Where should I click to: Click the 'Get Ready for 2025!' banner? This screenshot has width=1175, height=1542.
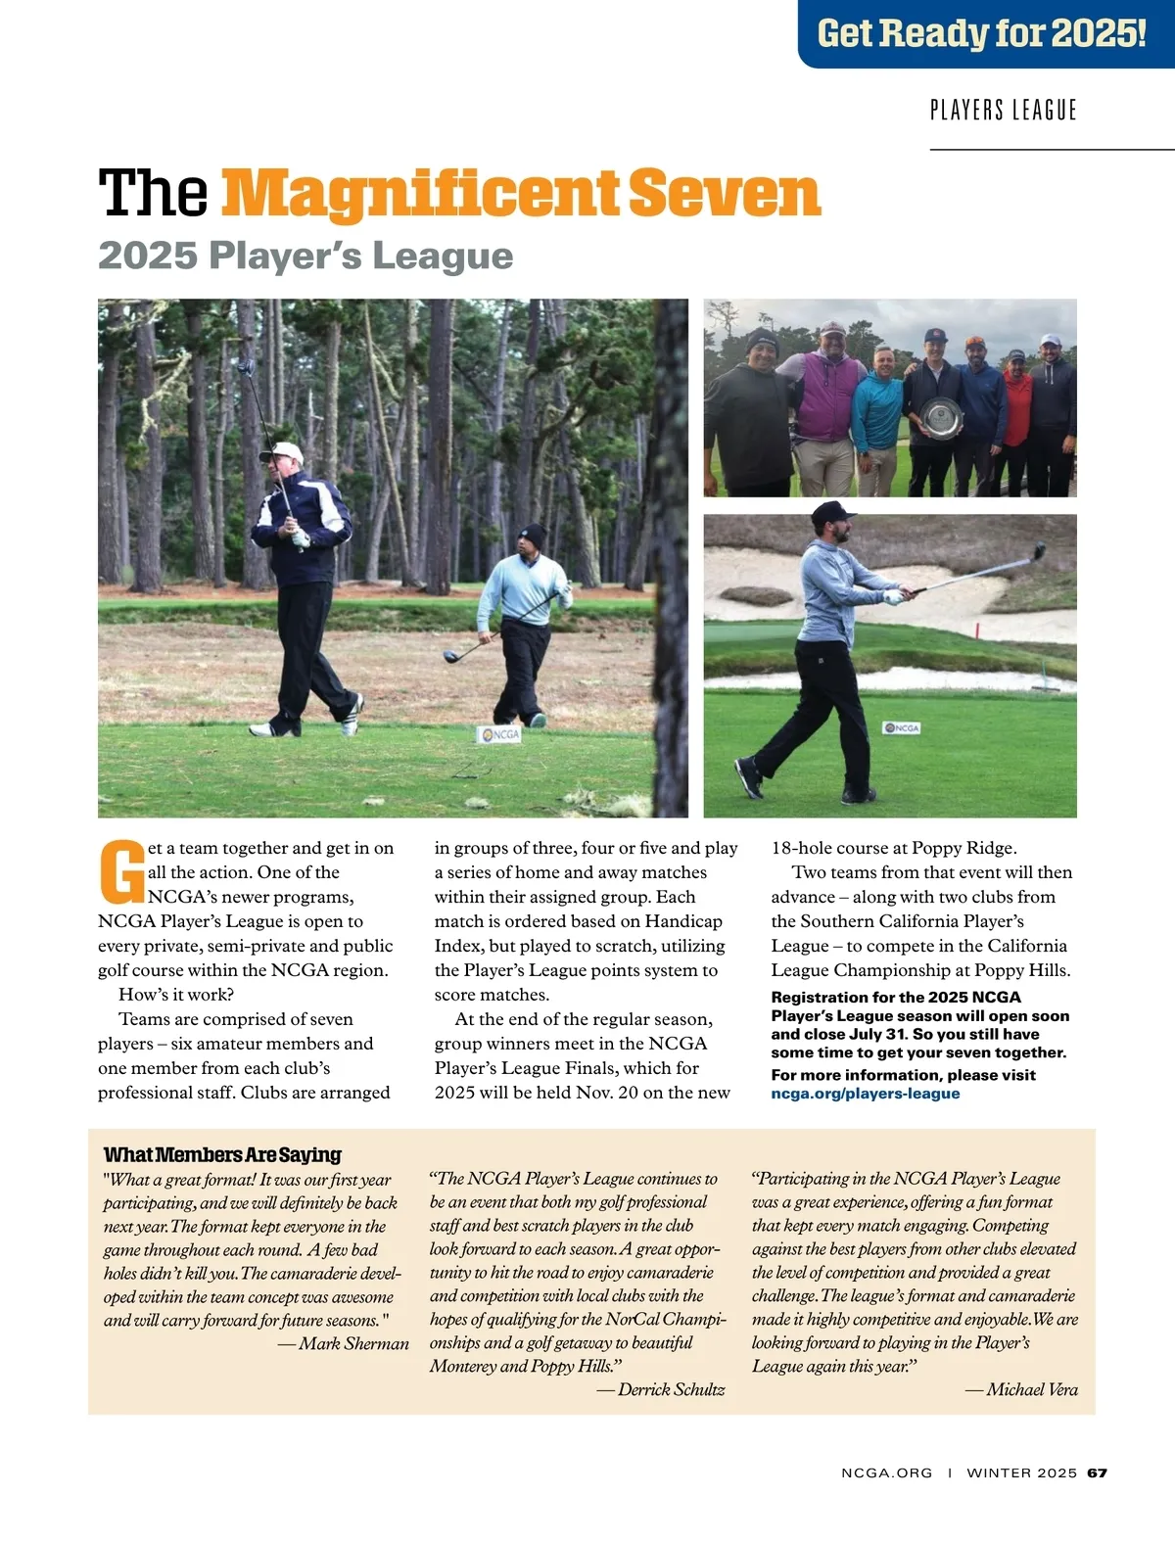point(982,33)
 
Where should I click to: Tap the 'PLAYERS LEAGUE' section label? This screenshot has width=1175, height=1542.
point(1003,110)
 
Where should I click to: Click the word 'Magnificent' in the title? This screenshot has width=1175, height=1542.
point(421,193)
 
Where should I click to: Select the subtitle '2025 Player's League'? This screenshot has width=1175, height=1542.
point(305,256)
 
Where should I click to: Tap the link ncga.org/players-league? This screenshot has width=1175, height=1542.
point(866,1094)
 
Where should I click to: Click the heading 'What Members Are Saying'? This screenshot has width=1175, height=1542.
point(222,1154)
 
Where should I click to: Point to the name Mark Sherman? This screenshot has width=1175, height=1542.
point(353,1343)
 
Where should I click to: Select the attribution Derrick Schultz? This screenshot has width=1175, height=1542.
point(671,1389)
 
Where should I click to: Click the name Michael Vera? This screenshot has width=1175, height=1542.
point(1031,1389)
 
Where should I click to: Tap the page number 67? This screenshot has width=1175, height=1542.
point(1097,1472)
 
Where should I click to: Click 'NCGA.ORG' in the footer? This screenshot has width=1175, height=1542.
point(886,1472)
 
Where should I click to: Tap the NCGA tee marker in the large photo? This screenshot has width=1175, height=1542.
point(499,734)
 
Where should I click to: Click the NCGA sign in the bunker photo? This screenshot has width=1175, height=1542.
point(902,727)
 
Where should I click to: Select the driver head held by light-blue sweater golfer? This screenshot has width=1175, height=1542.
point(451,657)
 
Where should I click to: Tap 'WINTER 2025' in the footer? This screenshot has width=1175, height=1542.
point(1021,1472)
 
